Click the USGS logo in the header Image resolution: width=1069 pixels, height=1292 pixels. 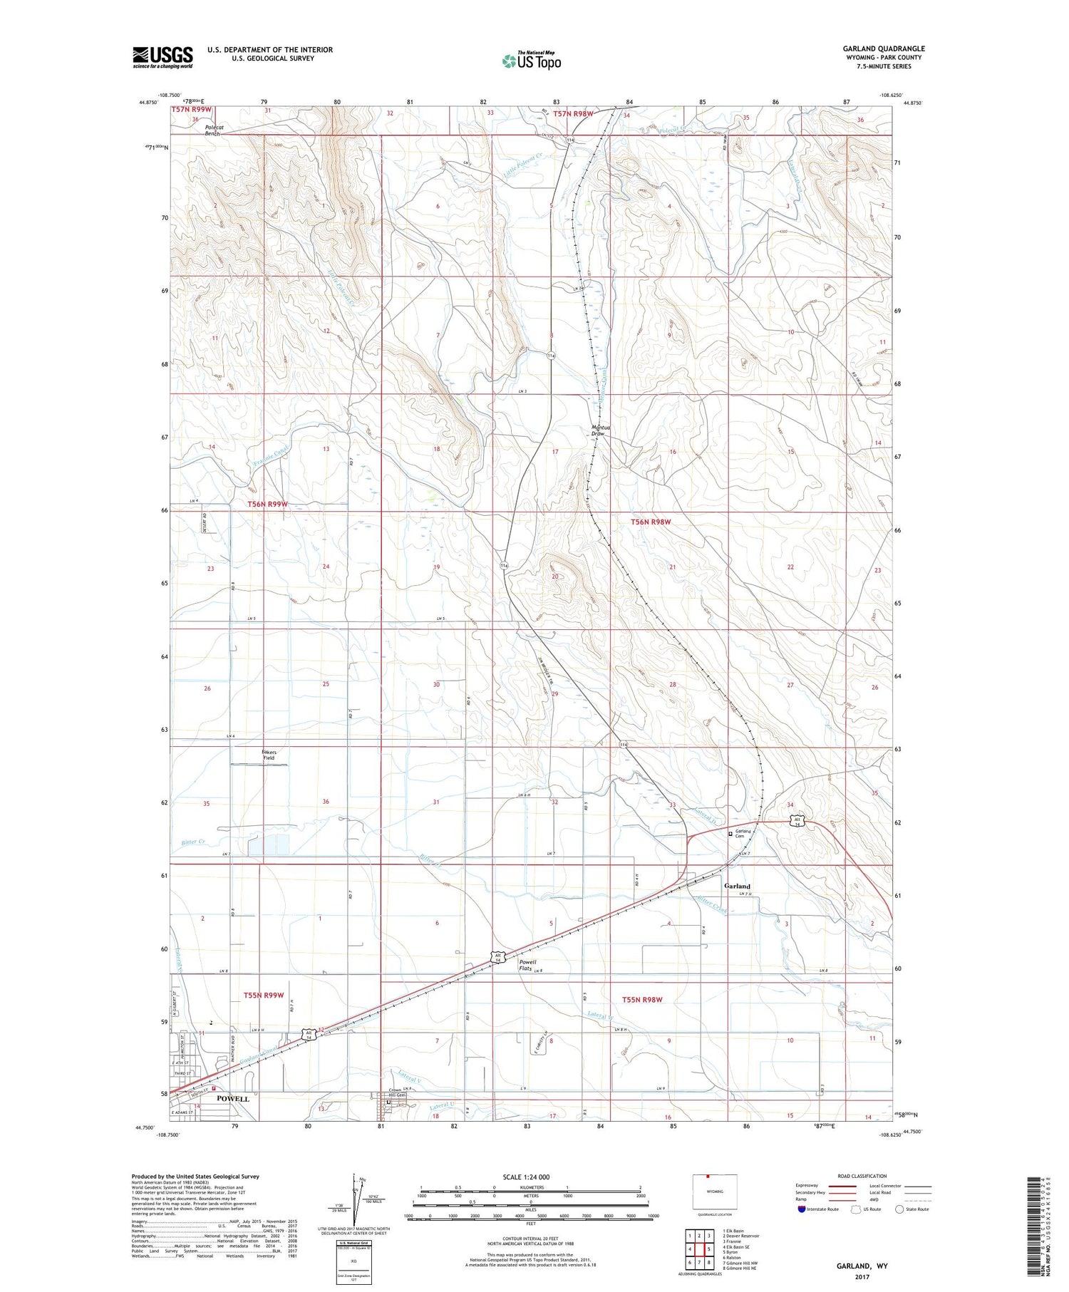tap(162, 57)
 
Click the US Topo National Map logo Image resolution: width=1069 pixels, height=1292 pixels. tap(531, 61)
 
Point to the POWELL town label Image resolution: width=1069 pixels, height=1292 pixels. tap(232, 1098)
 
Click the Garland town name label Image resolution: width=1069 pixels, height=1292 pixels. tap(737, 886)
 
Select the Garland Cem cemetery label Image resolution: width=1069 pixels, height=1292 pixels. tap(743, 834)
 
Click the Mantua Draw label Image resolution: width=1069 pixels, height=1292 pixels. tap(597, 430)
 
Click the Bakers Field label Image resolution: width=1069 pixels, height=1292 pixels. tap(269, 755)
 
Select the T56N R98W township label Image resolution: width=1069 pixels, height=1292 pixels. tap(650, 522)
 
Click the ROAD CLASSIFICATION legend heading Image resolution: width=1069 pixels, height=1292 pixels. tap(862, 1176)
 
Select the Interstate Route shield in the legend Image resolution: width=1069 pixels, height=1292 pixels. tap(801, 1209)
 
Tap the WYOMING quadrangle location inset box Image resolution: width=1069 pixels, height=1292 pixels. tap(715, 1192)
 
